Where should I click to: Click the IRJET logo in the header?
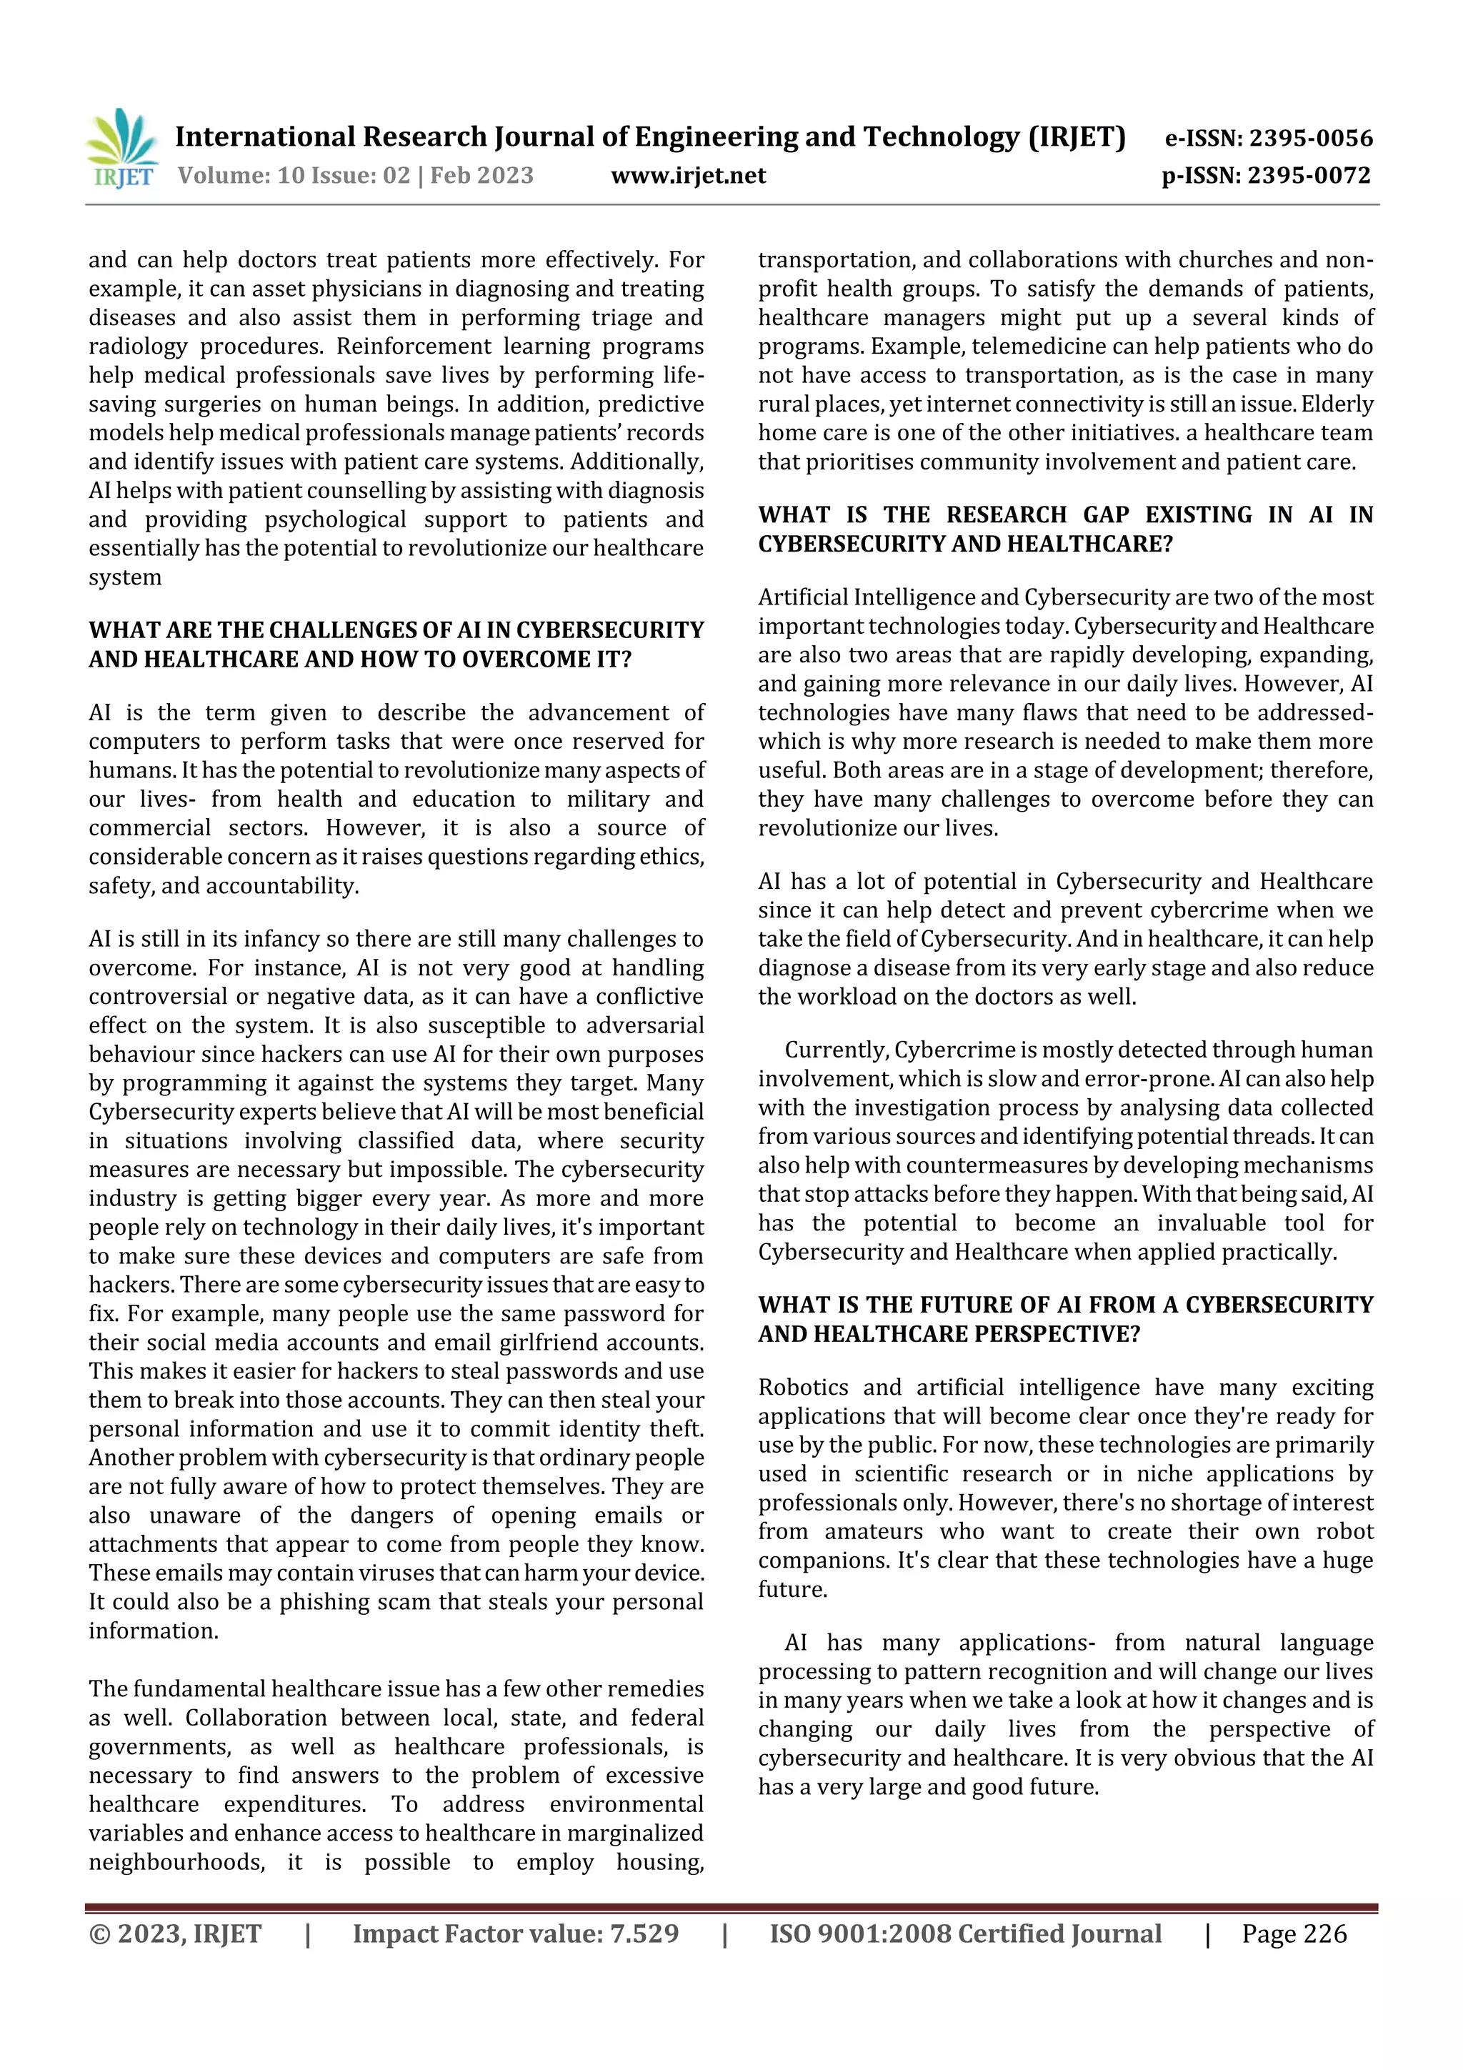121,148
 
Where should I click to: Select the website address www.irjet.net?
688,175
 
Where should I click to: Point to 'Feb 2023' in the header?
482,175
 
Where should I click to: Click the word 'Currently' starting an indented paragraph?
836,1050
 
